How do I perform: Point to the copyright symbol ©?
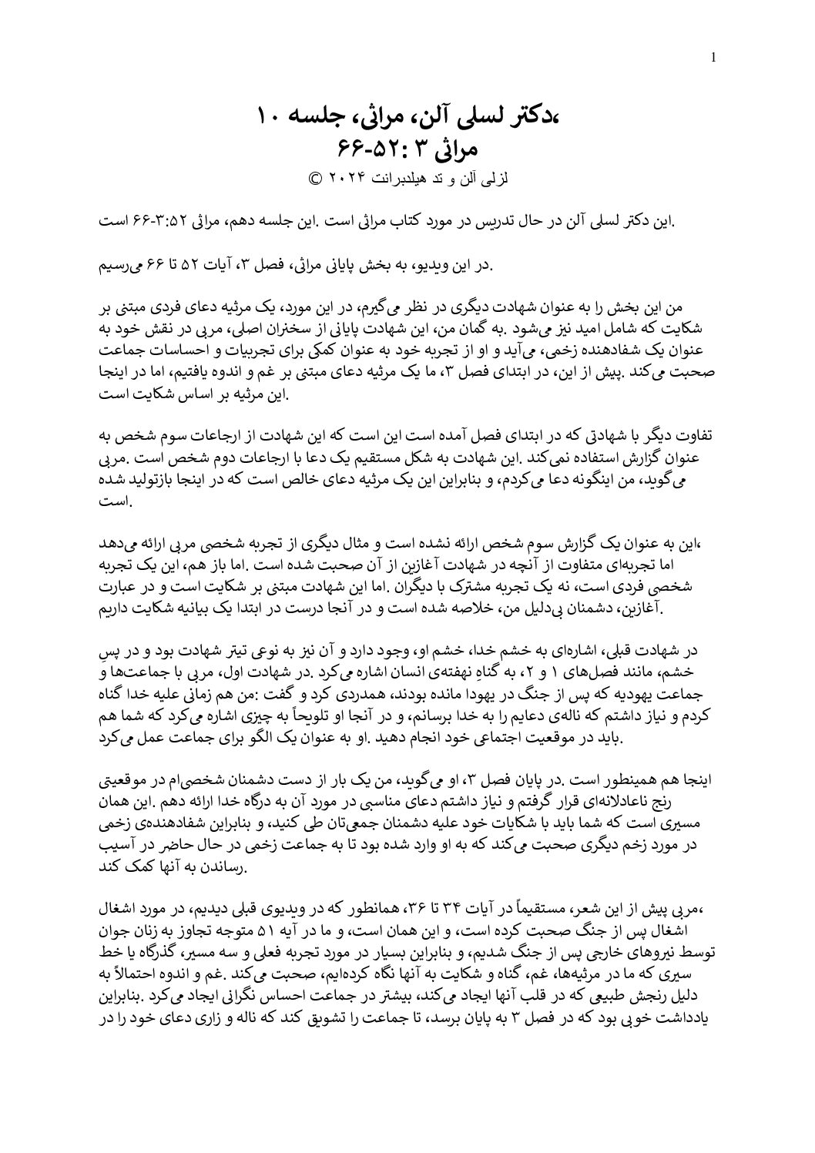tap(314, 176)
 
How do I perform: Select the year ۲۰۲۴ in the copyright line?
tap(345, 176)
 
